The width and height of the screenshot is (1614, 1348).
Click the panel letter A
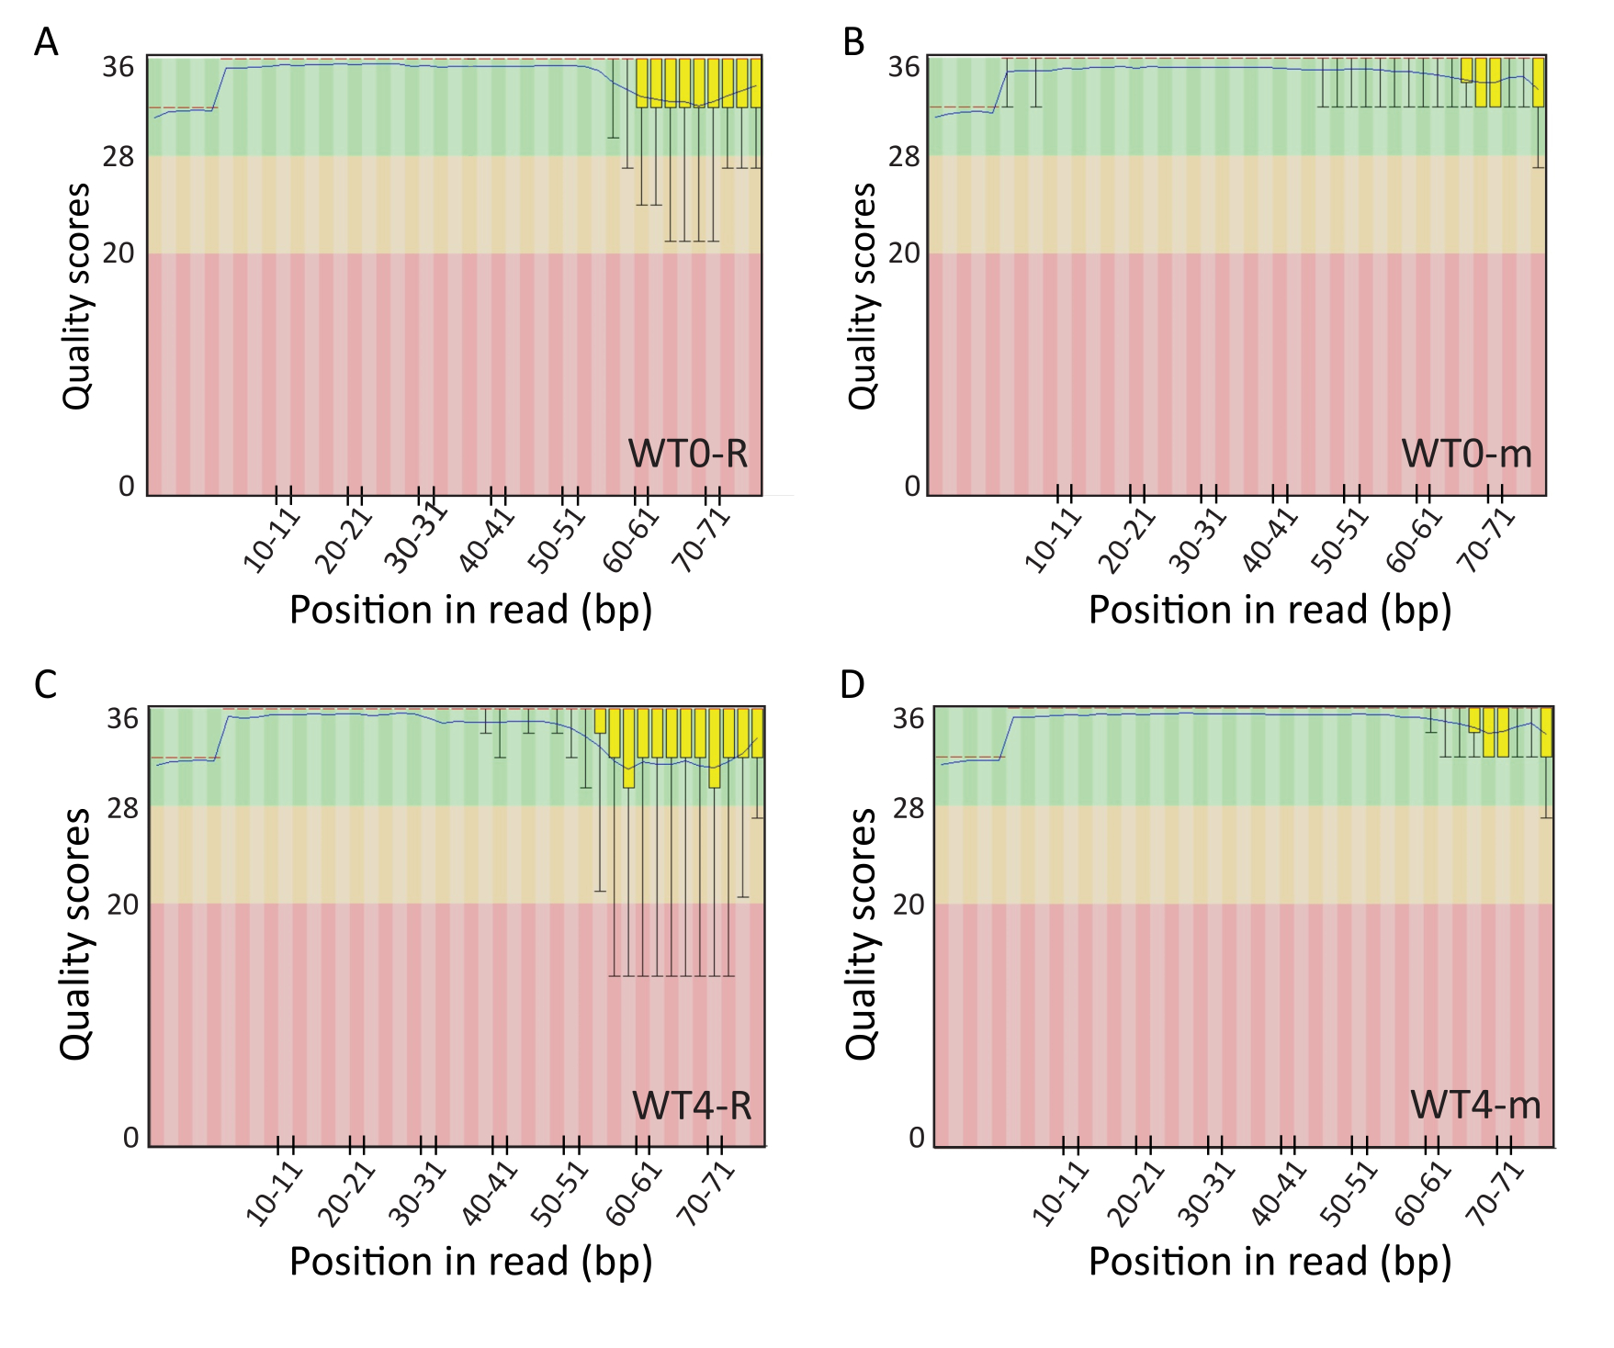[x=46, y=42]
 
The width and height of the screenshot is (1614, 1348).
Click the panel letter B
[x=853, y=42]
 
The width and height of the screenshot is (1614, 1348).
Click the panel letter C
[x=46, y=684]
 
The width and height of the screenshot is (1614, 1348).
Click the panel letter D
[x=853, y=684]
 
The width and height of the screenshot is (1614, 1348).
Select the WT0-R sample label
[x=688, y=454]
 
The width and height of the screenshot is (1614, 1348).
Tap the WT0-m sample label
[x=1467, y=454]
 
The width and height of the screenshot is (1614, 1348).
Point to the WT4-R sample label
[x=692, y=1105]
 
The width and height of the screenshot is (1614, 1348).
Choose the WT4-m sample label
[x=1475, y=1105]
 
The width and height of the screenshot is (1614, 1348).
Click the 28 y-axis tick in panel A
[x=119, y=157]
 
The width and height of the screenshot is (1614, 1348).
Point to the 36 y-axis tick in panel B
[x=904, y=67]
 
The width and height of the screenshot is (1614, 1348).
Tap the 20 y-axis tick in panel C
[x=122, y=904]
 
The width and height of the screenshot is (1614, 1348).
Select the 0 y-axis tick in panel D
[x=916, y=1138]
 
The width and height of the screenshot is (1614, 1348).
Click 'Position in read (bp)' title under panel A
[x=470, y=611]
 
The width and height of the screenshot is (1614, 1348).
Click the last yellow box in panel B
[x=1539, y=83]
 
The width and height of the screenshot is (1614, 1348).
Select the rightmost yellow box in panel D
[x=1547, y=732]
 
